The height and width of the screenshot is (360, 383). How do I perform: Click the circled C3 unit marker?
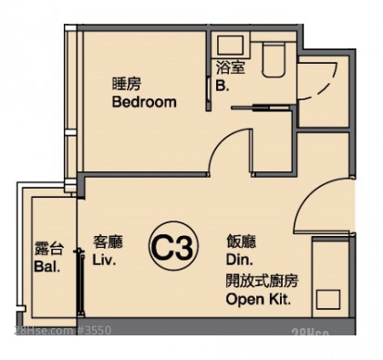pyautogui.click(x=173, y=246)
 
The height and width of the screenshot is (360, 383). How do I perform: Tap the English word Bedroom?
pyautogui.click(x=144, y=102)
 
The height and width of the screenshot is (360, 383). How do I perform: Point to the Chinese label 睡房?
pyautogui.click(x=127, y=84)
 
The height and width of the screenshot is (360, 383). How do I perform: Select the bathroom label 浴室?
pyautogui.click(x=231, y=67)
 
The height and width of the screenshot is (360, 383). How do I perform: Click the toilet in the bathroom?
pyautogui.click(x=274, y=59)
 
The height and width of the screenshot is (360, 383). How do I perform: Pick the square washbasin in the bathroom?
pyautogui.click(x=231, y=46)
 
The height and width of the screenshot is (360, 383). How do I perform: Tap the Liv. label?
pyautogui.click(x=104, y=260)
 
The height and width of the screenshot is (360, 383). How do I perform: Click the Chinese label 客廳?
pyautogui.click(x=108, y=242)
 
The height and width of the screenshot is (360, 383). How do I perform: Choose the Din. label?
pyautogui.click(x=239, y=260)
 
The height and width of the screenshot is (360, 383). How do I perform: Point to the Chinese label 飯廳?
pyautogui.click(x=241, y=242)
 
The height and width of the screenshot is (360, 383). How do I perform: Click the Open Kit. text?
pyautogui.click(x=258, y=300)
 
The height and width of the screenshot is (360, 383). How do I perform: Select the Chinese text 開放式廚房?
pyautogui.click(x=262, y=281)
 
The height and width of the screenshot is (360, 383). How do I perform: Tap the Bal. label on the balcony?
pyautogui.click(x=47, y=267)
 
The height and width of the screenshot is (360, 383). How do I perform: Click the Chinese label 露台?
pyautogui.click(x=49, y=249)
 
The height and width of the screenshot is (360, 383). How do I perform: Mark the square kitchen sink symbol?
pyautogui.click(x=328, y=300)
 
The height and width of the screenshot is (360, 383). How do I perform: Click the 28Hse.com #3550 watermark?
pyautogui.click(x=63, y=330)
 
